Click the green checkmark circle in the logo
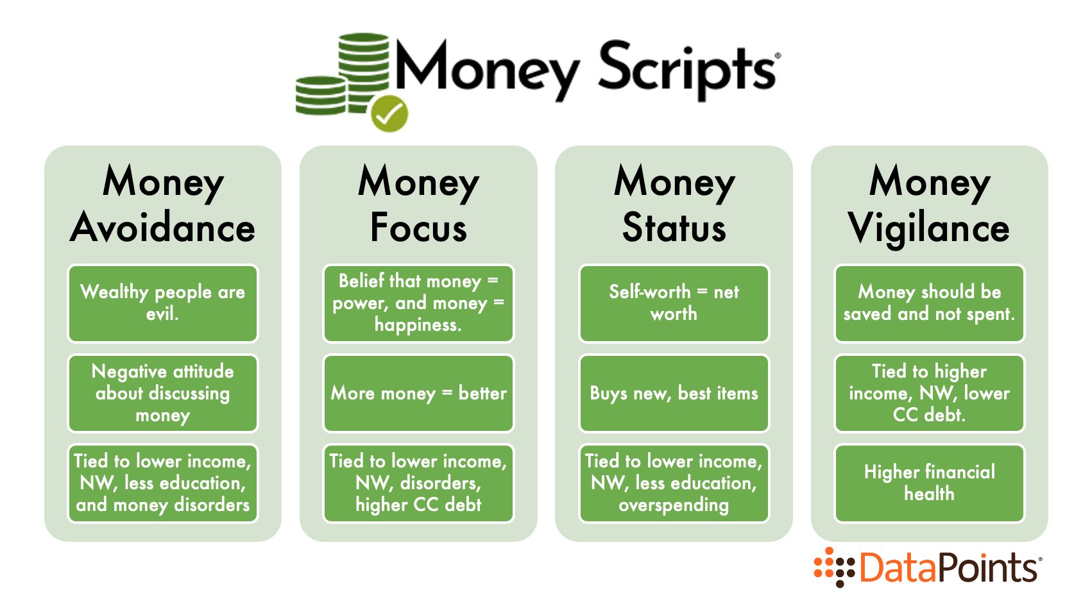pos(389,113)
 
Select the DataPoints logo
pos(927,567)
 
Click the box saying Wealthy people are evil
pos(162,303)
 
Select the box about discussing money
pos(162,393)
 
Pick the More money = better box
pos(418,393)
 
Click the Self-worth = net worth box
pos(674,303)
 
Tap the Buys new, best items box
pos(674,393)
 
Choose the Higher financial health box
pos(929,483)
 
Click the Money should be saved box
pos(929,303)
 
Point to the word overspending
pos(674,505)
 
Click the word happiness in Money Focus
pos(418,325)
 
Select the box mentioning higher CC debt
pos(418,483)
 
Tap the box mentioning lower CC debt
pos(929,393)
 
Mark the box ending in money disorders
pos(162,483)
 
